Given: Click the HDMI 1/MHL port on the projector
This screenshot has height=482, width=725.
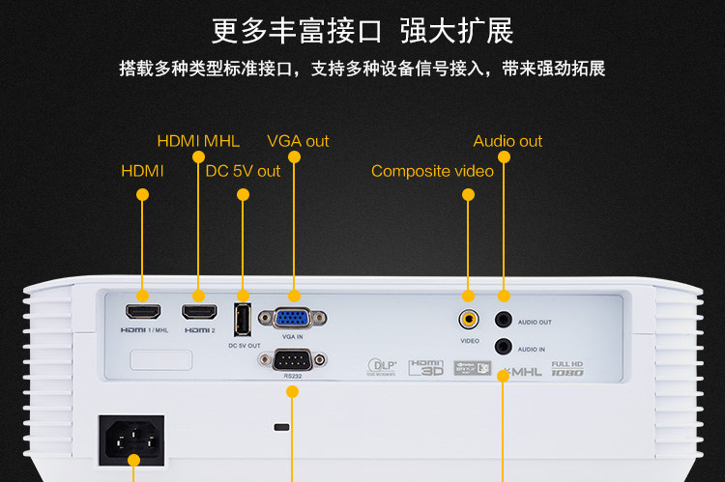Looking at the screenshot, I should click(x=141, y=311).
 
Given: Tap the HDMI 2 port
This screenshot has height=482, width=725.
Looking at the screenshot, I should click(x=198, y=311).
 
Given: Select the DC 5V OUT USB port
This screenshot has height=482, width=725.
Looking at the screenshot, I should click(x=243, y=318).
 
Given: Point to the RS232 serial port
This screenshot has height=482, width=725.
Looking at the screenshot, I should click(x=292, y=361).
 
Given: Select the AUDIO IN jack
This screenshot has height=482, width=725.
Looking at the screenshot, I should click(x=503, y=346).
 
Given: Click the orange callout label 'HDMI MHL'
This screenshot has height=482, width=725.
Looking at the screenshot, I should click(x=198, y=141).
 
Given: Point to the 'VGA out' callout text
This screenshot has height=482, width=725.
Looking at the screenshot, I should click(x=298, y=141).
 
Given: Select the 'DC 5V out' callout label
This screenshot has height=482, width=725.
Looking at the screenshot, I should click(x=243, y=171).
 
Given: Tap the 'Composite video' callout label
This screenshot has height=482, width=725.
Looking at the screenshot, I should click(x=432, y=171).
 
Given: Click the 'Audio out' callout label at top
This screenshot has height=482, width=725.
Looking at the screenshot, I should click(x=507, y=141).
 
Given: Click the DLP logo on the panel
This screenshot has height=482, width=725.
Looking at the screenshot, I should click(x=382, y=366).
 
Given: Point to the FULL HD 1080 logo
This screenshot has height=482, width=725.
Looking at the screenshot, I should click(x=566, y=368).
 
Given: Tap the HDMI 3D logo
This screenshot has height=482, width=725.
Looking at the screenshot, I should click(x=426, y=367).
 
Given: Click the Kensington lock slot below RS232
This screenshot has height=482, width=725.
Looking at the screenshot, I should click(x=281, y=426).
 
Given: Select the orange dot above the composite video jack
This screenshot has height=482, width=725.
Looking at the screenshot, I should click(x=469, y=194).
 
